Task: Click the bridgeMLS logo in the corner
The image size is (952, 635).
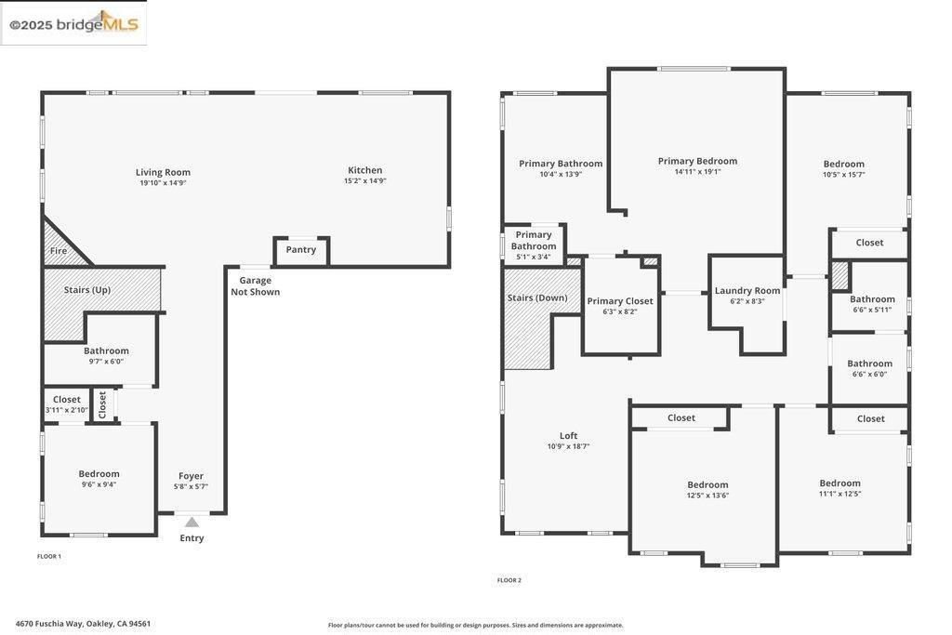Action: coord(73,23)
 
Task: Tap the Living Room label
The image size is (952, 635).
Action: coord(163,172)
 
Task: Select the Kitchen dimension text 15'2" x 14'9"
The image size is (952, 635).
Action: coord(364,181)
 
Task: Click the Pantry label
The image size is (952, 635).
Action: coord(301,249)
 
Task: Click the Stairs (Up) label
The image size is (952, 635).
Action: coord(87,290)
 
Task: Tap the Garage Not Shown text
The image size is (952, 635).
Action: coord(255,286)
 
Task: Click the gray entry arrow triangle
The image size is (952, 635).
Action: coord(192,523)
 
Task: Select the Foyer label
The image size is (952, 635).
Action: coord(191,476)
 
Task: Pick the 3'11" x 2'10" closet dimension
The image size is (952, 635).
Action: coord(67,410)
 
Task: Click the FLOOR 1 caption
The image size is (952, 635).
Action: coord(49,556)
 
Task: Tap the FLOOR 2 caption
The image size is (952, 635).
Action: coord(509,580)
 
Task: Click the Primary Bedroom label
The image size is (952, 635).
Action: coord(697,161)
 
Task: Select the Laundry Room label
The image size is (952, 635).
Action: coord(747,291)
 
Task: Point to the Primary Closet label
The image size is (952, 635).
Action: coord(620,301)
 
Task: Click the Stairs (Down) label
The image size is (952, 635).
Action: coord(537,298)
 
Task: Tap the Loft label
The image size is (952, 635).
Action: coord(568,436)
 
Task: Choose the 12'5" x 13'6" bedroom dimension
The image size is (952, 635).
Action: coord(707,496)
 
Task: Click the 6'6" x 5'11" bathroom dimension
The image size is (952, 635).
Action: coord(872,310)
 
